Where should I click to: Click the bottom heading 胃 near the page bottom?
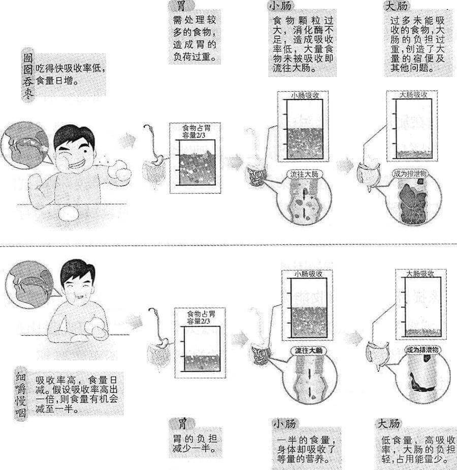[182, 424]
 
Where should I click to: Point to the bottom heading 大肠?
[388, 424]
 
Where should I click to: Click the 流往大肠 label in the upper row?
[304, 174]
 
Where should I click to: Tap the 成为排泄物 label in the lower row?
[422, 350]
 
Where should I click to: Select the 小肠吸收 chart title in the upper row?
[305, 96]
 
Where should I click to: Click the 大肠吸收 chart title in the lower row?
[420, 274]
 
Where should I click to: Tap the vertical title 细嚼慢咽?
[20, 395]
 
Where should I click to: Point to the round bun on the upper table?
[69, 214]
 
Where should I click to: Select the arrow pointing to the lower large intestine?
[354, 338]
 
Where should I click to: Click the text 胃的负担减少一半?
[194, 444]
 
